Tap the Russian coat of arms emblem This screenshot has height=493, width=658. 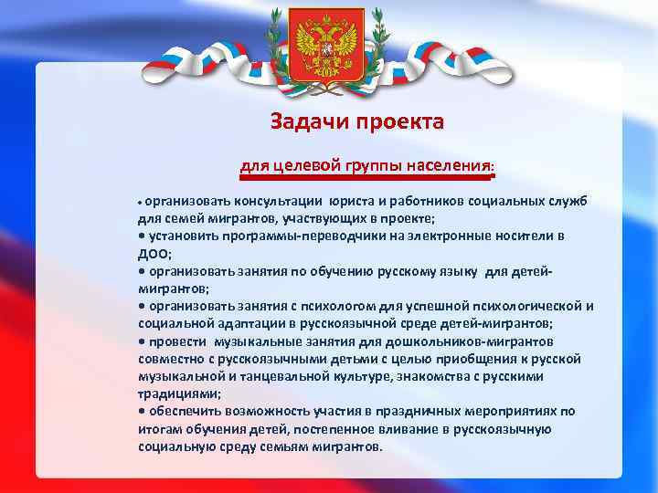[x=329, y=44]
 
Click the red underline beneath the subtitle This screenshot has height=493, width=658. [x=366, y=178]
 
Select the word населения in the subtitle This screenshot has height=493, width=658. [x=445, y=165]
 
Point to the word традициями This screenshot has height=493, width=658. [x=177, y=393]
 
